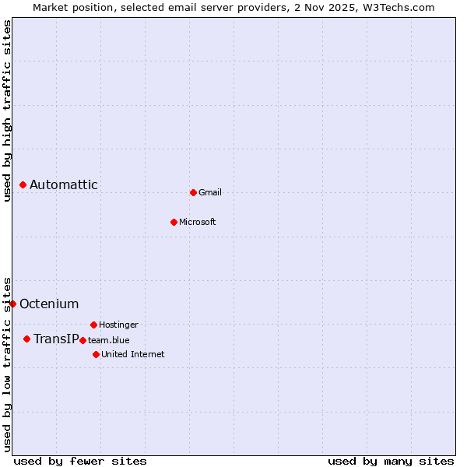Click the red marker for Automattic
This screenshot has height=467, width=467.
(23, 184)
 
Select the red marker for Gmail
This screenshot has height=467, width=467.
(193, 192)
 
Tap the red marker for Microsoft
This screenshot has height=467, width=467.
(174, 222)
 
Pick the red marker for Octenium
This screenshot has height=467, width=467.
(12, 304)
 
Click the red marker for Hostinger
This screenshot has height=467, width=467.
(93, 325)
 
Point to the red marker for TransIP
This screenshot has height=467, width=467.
(26, 339)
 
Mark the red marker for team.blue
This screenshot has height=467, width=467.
(83, 340)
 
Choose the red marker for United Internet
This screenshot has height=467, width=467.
(96, 354)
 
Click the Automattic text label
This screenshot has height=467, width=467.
(64, 184)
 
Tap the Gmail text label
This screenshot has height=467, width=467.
(210, 192)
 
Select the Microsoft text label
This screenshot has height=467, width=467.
(198, 222)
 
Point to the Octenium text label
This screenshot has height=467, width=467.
(49, 304)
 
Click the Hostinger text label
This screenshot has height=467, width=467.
(118, 325)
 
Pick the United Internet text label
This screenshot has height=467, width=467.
(133, 354)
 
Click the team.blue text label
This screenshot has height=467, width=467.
(109, 340)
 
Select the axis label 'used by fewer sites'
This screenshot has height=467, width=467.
(80, 461)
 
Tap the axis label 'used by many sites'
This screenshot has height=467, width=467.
(391, 461)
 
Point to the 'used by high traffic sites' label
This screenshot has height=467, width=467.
(7, 111)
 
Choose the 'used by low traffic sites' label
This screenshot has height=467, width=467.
(7, 363)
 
